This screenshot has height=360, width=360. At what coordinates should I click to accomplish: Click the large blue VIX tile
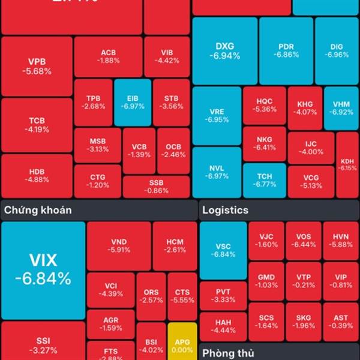[x=43, y=270]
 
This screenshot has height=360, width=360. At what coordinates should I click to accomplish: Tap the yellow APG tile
[x=178, y=341]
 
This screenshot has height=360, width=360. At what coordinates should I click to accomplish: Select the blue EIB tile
[x=132, y=102]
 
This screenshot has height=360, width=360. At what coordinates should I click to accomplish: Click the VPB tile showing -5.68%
[x=37, y=66]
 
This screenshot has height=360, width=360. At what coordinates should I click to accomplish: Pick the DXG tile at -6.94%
[x=225, y=51]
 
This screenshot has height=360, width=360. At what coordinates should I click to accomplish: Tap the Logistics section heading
[x=225, y=211]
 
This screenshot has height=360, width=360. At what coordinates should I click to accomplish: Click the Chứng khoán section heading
[x=38, y=210]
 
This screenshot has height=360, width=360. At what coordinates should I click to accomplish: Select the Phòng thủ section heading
[x=229, y=352]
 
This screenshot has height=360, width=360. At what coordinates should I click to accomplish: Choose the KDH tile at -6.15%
[x=347, y=165]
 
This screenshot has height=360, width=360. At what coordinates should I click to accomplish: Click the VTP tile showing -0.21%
[x=304, y=281]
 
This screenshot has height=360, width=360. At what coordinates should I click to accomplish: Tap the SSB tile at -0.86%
[x=157, y=186]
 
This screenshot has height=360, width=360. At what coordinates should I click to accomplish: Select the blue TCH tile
[x=265, y=180]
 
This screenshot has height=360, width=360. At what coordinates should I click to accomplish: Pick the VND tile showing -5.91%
[x=118, y=245]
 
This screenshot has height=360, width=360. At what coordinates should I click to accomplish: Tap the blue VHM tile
[x=341, y=108]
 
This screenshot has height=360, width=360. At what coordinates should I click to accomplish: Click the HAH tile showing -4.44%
[x=223, y=326]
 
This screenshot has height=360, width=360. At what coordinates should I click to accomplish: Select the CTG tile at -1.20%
[x=98, y=181]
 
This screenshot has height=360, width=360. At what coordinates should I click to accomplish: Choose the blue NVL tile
[x=217, y=172]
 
